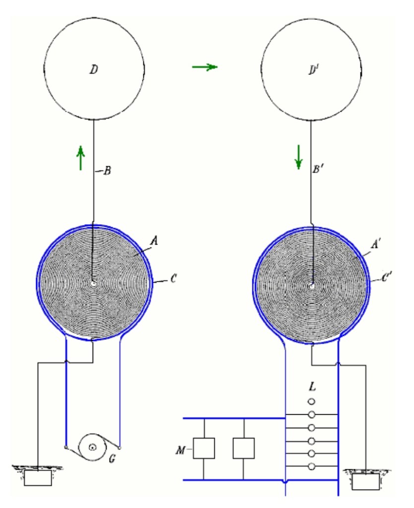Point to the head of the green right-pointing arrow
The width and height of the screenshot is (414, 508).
click(x=217, y=67)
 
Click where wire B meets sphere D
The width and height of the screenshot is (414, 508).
click(x=94, y=120)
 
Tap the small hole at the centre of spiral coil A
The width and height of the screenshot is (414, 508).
click(x=93, y=283)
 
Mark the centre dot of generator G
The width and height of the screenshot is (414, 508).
click(x=93, y=447)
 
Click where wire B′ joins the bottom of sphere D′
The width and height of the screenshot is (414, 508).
click(x=311, y=120)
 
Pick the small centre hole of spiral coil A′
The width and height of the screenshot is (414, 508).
click(x=312, y=286)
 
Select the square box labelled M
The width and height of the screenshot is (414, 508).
click(x=204, y=448)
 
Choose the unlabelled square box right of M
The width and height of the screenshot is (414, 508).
click(x=243, y=448)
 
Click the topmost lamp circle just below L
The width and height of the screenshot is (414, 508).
click(x=311, y=402)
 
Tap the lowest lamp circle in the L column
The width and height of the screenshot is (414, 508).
click(x=311, y=466)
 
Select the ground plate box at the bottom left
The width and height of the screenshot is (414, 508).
click(x=38, y=478)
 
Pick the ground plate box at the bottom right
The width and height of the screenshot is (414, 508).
click(x=366, y=482)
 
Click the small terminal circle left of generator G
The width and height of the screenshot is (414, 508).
click(x=66, y=448)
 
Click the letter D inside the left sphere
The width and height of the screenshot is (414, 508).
click(x=94, y=69)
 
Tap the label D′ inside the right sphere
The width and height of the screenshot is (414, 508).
click(x=313, y=70)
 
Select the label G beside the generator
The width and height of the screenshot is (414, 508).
click(x=112, y=458)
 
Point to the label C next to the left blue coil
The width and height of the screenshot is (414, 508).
click(x=173, y=279)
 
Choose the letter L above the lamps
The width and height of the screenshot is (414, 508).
click(x=312, y=386)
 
